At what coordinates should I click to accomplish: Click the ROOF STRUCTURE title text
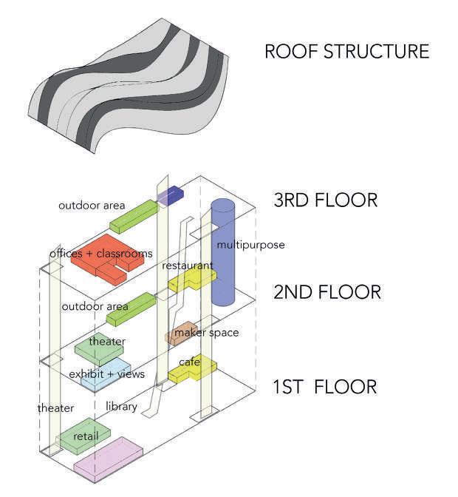(346, 52)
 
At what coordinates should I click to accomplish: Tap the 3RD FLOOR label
(325, 200)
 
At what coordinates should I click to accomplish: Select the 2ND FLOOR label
(327, 292)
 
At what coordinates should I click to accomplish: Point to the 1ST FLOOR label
(325, 386)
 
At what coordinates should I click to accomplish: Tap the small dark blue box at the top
(173, 195)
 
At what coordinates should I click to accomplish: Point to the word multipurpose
(250, 244)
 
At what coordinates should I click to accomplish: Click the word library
(122, 406)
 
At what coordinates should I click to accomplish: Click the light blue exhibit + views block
(106, 375)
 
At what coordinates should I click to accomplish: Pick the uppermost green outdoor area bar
(134, 215)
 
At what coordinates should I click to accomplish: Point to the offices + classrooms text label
(100, 254)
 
